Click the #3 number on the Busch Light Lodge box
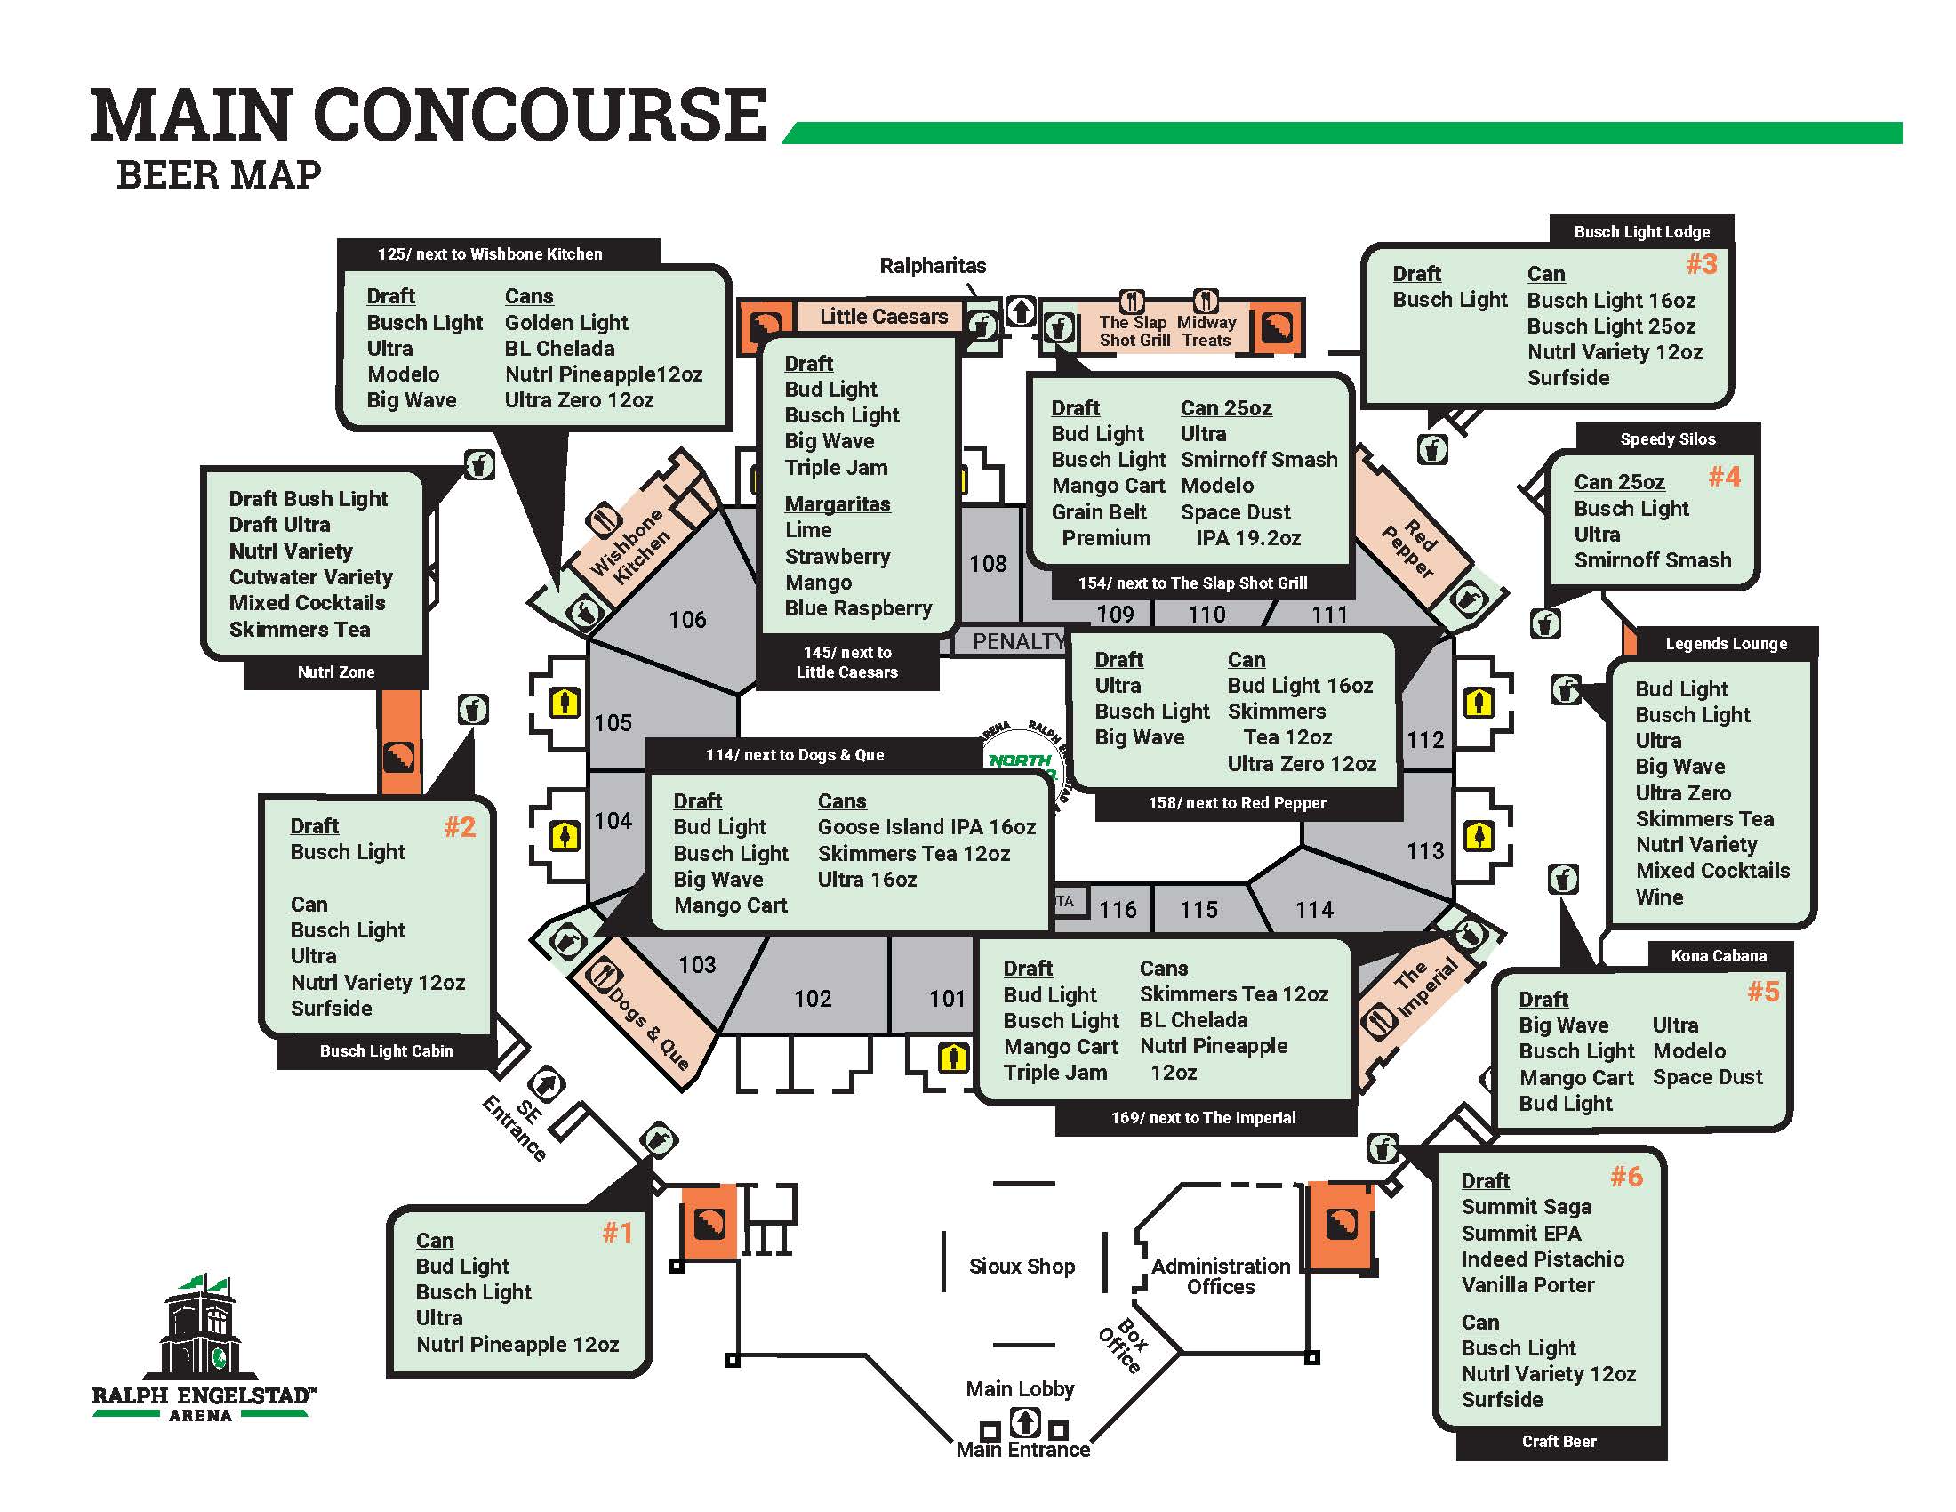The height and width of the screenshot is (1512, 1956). tap(1702, 264)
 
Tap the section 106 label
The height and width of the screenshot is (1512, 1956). tap(687, 619)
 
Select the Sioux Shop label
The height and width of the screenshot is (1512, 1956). tap(1022, 1266)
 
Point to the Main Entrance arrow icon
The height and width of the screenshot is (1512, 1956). tap(1024, 1421)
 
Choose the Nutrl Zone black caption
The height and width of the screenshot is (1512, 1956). tap(336, 672)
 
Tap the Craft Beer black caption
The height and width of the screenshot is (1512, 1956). tap(1559, 1441)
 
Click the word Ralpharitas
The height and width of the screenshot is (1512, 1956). tap(933, 266)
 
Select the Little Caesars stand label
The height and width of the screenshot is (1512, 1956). tap(883, 317)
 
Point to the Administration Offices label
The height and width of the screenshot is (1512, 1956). tap(1221, 1276)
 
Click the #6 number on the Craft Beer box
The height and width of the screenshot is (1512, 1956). tap(1626, 1176)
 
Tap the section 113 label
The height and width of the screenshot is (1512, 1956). tap(1424, 850)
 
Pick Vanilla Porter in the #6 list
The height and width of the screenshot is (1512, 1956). tap(1527, 1284)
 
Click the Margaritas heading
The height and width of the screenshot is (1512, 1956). tap(838, 504)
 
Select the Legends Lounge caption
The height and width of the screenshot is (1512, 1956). tap(1726, 643)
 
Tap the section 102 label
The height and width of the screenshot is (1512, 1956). tap(813, 998)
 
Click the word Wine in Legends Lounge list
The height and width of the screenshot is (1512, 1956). tap(1659, 897)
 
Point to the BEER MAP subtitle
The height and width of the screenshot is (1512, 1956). tap(219, 174)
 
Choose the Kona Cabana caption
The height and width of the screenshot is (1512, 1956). tap(1719, 956)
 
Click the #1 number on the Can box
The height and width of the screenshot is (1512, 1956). tap(617, 1233)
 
